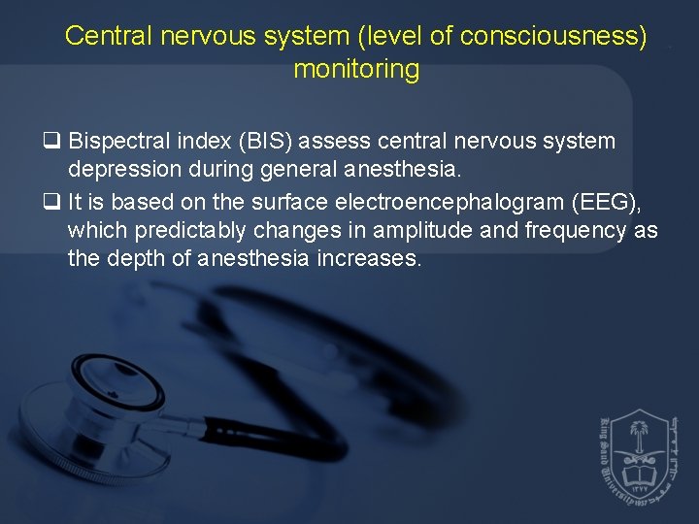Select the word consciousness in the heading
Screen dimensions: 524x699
[554, 37]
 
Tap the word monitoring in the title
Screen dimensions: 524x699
[356, 70]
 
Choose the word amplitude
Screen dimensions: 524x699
[408, 231]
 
